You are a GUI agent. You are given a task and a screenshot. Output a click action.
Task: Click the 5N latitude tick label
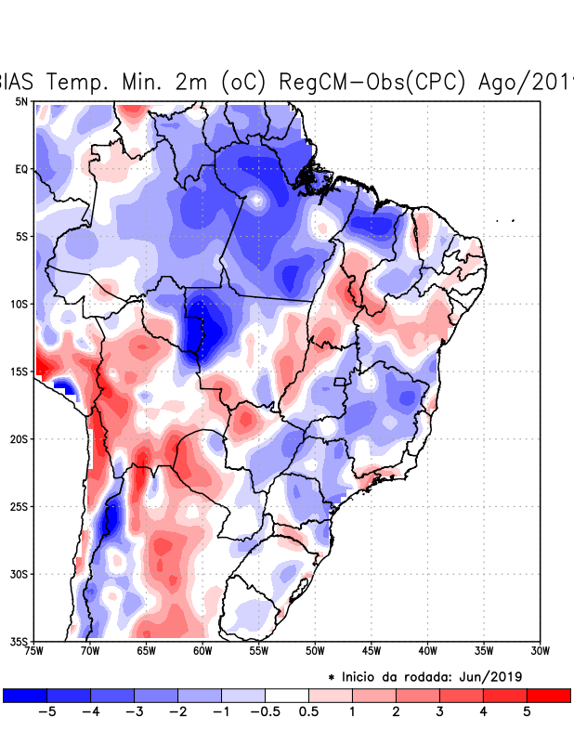click(21, 101)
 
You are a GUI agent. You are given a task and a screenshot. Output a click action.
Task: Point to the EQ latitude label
click(21, 169)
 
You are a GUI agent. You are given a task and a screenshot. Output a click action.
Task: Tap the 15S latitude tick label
click(19, 371)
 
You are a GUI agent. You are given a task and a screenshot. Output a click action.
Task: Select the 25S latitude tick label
click(19, 506)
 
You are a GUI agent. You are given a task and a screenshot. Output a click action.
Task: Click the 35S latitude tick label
click(19, 642)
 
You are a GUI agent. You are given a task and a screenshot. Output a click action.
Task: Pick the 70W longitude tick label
click(90, 651)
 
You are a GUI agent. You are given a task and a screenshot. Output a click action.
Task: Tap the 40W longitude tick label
click(427, 651)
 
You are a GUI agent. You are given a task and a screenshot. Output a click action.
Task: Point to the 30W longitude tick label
click(540, 651)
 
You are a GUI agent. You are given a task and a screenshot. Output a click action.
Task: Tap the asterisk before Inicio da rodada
click(331, 676)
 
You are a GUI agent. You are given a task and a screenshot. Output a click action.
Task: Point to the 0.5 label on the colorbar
click(308, 711)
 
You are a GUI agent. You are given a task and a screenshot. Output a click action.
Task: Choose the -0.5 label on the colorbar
click(264, 711)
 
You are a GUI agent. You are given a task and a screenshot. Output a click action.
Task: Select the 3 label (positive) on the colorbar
click(438, 711)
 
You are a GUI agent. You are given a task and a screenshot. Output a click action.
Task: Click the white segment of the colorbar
click(287, 695)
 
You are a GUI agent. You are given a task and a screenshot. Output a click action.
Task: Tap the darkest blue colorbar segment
click(24, 695)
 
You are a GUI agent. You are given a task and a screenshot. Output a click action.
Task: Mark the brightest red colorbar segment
click(548, 695)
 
